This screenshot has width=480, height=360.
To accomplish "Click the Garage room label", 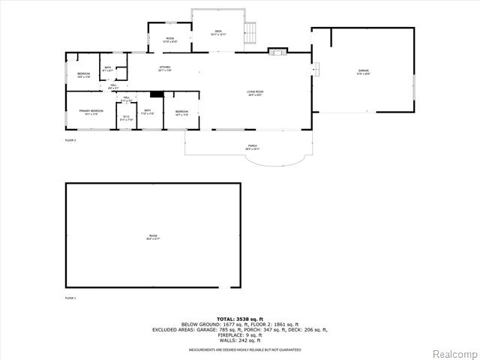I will coord(363,72).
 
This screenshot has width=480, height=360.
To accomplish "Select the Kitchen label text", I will coord(164,69).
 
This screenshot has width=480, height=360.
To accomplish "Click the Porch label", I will coord(252,147).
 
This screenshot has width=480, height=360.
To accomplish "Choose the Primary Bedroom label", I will coord(91,112).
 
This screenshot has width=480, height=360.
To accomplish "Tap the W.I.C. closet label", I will coord(126,118).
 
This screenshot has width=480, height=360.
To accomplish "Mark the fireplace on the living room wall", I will coord(277,52).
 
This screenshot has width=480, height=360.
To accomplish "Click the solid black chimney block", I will coord(157,94).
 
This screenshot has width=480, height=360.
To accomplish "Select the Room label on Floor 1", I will coord(153,236).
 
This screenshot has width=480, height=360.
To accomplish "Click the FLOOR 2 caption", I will coord(70,140).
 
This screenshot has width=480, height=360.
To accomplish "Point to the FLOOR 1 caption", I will coord(70,298).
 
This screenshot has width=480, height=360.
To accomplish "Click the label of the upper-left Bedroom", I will coord(82,74).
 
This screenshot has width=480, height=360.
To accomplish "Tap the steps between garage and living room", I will coord(316,70).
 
